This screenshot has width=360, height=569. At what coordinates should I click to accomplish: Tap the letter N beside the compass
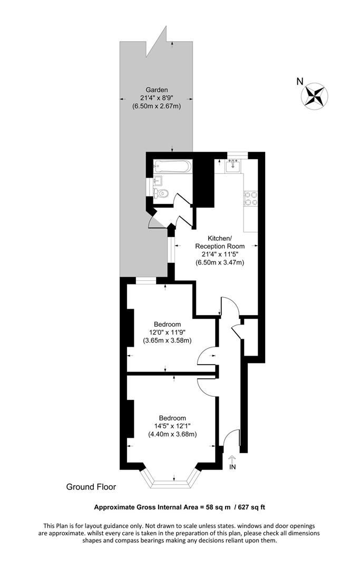(x=299, y=81)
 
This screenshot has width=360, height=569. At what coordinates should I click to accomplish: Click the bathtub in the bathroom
(x=172, y=168)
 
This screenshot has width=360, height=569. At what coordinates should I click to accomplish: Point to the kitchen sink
(x=232, y=166)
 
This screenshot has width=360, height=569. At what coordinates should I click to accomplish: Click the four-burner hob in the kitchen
(x=250, y=198)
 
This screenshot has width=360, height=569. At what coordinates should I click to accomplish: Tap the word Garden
(x=158, y=89)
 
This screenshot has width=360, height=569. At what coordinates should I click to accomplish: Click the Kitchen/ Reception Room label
(x=220, y=242)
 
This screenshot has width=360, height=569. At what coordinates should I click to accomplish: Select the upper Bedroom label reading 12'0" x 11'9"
(x=167, y=332)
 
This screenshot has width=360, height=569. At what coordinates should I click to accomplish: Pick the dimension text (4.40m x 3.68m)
(x=172, y=435)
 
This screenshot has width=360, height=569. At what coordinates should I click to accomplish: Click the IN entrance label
(x=233, y=466)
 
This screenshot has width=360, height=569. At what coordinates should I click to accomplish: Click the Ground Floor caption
(x=91, y=487)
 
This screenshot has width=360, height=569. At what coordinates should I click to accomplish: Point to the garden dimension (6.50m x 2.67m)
(x=157, y=106)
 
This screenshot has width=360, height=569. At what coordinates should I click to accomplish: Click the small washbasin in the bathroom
(x=157, y=182)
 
